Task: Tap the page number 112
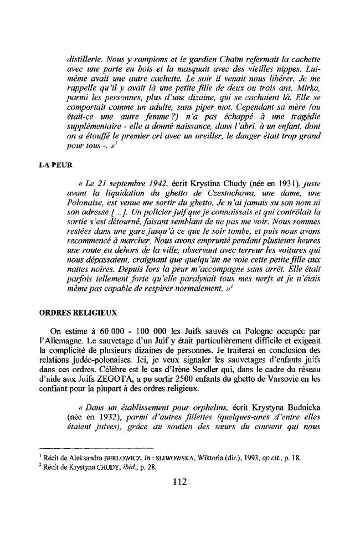point(179,481)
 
